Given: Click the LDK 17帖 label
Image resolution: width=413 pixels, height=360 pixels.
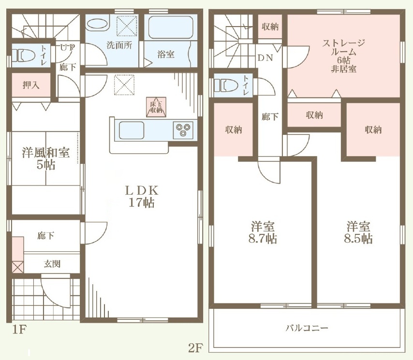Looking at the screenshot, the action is (142, 196).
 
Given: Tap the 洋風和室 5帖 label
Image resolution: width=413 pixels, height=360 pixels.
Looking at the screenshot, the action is (46, 158).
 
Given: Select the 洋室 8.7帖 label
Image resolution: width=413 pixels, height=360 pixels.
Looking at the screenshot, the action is (263, 232).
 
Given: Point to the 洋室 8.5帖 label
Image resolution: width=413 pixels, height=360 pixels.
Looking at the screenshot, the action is (358, 232).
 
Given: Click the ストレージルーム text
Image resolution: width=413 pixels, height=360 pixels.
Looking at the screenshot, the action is (344, 47).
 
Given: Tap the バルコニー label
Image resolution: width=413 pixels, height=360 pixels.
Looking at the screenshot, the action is (307, 328).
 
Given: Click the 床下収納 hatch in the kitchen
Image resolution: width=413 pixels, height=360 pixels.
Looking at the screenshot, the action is (156, 107).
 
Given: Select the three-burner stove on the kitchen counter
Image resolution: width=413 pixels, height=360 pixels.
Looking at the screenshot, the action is (183, 130).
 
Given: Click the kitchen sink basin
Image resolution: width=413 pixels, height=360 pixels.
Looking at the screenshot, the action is (132, 130).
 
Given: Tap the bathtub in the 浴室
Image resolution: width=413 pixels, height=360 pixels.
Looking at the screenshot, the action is (171, 27).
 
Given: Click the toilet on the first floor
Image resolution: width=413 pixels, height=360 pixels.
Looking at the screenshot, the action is (24, 56).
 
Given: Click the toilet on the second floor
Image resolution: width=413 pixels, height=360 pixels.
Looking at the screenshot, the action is (226, 85).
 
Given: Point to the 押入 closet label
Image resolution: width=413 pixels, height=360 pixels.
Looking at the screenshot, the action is (31, 85).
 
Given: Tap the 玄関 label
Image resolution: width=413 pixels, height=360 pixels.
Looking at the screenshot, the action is (52, 264).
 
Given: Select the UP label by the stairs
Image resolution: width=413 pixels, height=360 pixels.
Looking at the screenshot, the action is (68, 48).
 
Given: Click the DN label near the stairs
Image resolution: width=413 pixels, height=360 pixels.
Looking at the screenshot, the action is (265, 58).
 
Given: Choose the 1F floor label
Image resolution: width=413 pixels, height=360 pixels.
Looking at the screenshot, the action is (20, 330).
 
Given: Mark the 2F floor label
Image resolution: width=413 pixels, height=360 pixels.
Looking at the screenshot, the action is (195, 348).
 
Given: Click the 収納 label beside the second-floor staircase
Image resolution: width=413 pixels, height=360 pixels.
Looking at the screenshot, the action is (270, 26).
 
